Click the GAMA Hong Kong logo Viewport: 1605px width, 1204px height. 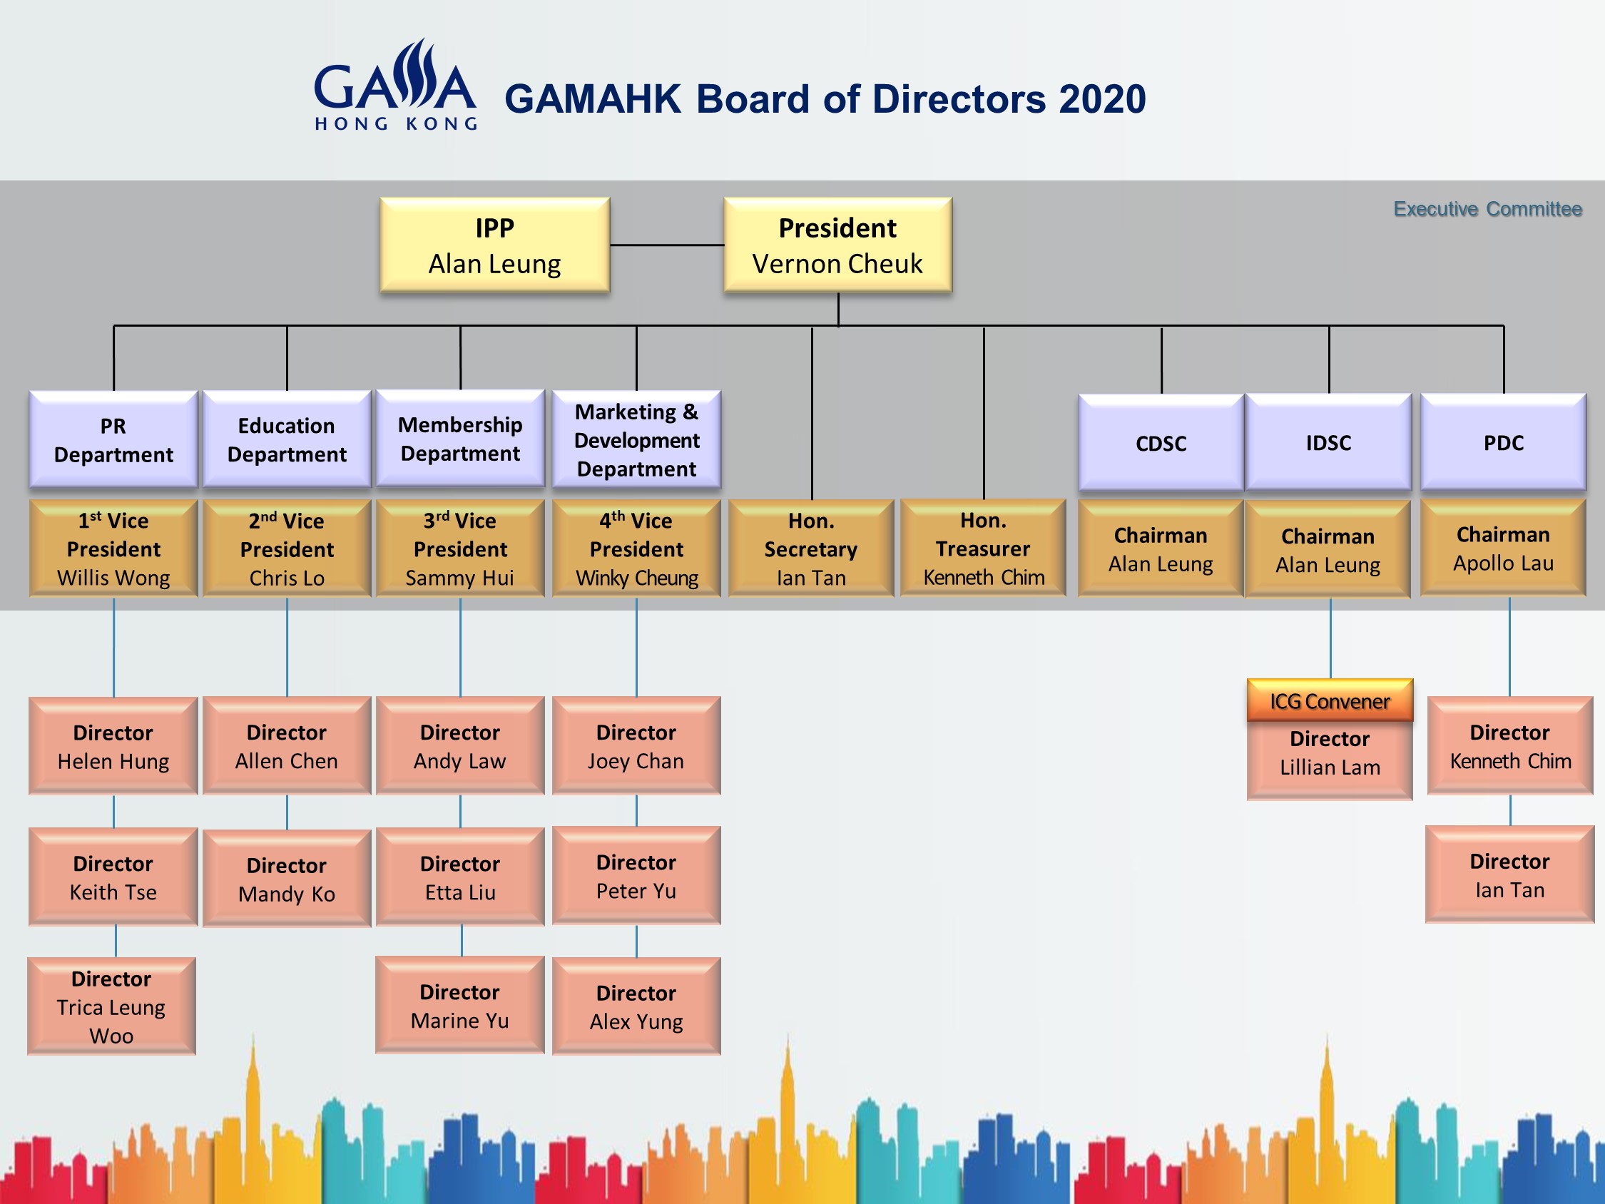(x=395, y=85)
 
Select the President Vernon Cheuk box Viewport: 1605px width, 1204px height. (x=838, y=245)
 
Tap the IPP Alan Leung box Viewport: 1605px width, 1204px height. (x=495, y=245)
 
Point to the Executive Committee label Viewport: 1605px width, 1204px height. (x=1487, y=209)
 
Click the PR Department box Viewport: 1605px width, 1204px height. (x=113, y=440)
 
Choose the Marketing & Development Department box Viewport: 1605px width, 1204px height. (x=636, y=440)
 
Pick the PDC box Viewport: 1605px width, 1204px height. (x=1504, y=442)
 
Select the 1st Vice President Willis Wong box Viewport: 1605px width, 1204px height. (x=113, y=549)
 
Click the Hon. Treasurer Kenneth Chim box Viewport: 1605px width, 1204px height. (x=983, y=548)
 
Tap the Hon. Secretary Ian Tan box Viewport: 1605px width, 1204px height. (x=811, y=549)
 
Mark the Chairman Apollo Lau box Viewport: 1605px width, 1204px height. (x=1504, y=548)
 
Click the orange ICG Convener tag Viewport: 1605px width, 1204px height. (x=1330, y=700)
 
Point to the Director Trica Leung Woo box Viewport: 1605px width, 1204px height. (x=112, y=1006)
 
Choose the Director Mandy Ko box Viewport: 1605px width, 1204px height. (x=287, y=879)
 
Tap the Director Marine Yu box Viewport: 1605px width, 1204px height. (x=460, y=1005)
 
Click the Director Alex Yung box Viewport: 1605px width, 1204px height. (x=636, y=1006)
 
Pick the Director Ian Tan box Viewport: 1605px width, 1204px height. (x=1510, y=874)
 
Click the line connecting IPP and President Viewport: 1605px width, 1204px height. (x=668, y=245)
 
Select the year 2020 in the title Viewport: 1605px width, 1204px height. (x=1102, y=99)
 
